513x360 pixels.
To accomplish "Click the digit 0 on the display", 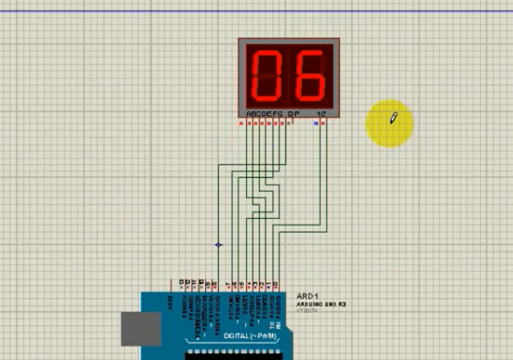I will click(268, 74).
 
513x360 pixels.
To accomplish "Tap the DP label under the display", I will click(293, 113).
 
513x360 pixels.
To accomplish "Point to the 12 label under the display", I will click(321, 113).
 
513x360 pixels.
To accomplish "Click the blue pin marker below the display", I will click(317, 123).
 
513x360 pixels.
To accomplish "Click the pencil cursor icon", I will click(394, 119).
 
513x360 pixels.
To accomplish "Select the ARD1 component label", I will click(307, 295).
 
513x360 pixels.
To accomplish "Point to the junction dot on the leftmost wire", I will click(219, 245).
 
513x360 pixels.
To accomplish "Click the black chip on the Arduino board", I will click(232, 354).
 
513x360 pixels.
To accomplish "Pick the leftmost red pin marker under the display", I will click(241, 123).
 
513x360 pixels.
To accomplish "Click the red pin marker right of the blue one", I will click(324, 123).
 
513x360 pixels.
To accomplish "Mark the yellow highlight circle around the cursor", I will click(390, 123).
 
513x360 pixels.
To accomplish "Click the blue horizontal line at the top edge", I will click(256, 11).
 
